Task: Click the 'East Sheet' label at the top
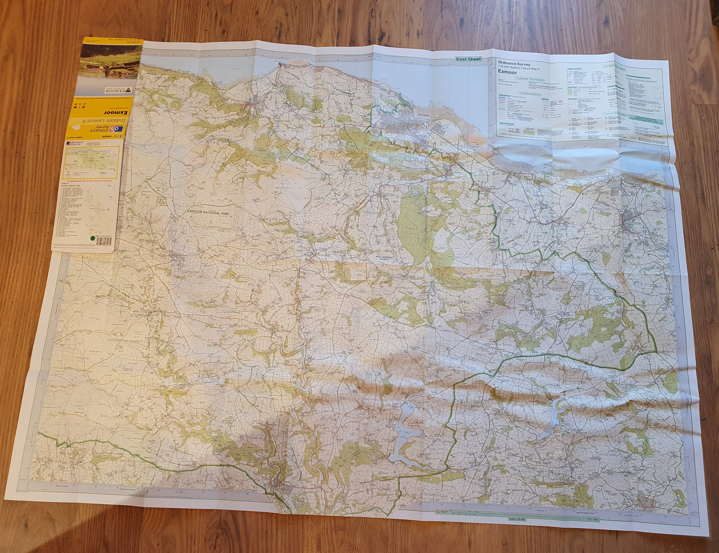point(468,59)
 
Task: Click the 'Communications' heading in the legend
point(529,93)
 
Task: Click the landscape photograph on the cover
point(110,63)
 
